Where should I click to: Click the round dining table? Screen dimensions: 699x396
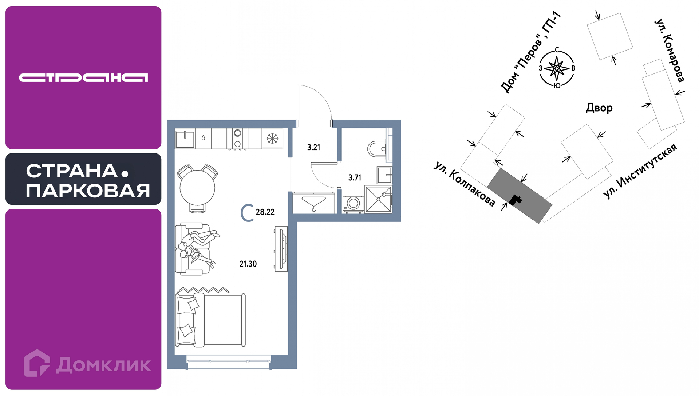pos(197,188)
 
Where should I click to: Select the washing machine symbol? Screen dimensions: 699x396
pos(353,204)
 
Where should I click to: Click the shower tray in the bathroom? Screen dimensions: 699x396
pos(378,199)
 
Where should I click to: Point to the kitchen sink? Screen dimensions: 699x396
pos(185,139)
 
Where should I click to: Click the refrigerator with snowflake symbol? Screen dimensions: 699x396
pos(272,138)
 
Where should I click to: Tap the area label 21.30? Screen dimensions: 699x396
pos(248,264)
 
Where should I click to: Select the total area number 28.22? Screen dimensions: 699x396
pos(265,212)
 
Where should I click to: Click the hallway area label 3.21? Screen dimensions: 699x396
pos(313,147)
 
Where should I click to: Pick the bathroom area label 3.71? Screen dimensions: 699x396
pos(355,177)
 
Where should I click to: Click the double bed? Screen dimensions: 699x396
pos(210,320)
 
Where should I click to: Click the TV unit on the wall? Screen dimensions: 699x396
pos(281,249)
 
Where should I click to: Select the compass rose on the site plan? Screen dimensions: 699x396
pos(557,68)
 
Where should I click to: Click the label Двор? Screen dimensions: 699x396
pos(599,108)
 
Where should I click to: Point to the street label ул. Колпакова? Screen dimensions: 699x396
pos(465,184)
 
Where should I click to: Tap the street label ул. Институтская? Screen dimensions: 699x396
pos(640,171)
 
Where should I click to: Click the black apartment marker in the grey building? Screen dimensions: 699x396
pos(515,200)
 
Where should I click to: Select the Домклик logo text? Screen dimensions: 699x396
pos(104,365)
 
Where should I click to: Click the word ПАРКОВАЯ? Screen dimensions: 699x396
pos(88,191)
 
